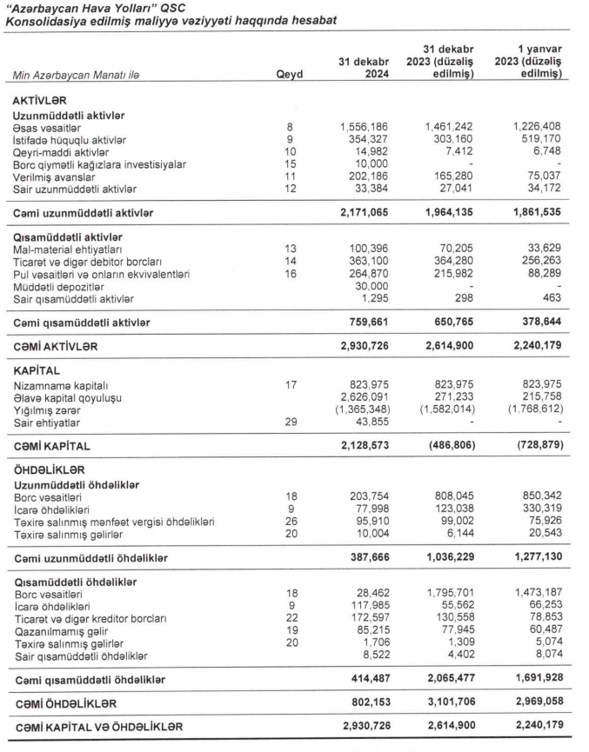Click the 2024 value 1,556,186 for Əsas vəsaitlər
[363, 127]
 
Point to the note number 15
[289, 163]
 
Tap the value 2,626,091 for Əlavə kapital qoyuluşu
[363, 395]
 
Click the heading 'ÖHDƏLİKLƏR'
[50, 469]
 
